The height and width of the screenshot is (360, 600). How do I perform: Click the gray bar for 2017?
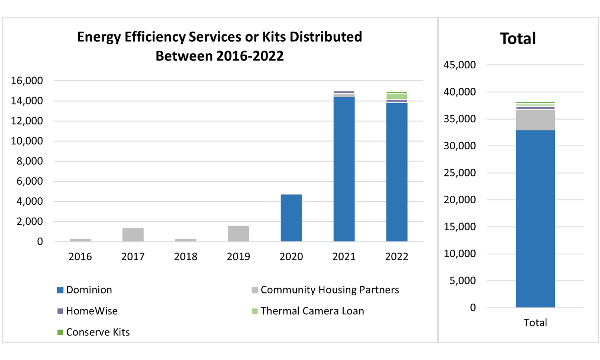pos(133,235)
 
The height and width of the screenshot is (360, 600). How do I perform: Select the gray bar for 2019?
pos(238,234)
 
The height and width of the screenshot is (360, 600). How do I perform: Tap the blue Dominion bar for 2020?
pos(291,218)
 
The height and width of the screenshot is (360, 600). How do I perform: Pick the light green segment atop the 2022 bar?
pos(396,96)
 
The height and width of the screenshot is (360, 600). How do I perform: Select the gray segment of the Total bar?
pos(535,120)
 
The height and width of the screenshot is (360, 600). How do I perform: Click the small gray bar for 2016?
pos(80,240)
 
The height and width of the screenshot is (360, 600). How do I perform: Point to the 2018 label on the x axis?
pos(186,256)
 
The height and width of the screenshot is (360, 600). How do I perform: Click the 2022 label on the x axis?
pos(396,256)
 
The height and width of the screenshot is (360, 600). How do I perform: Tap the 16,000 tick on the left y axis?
pos(27,81)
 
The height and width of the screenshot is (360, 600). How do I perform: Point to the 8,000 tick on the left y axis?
pos(30,161)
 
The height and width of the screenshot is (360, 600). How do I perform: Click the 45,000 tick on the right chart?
pos(460,65)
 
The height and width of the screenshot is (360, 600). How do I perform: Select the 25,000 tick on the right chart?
pos(460,173)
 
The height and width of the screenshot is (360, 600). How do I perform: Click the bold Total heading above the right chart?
pos(518,39)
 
